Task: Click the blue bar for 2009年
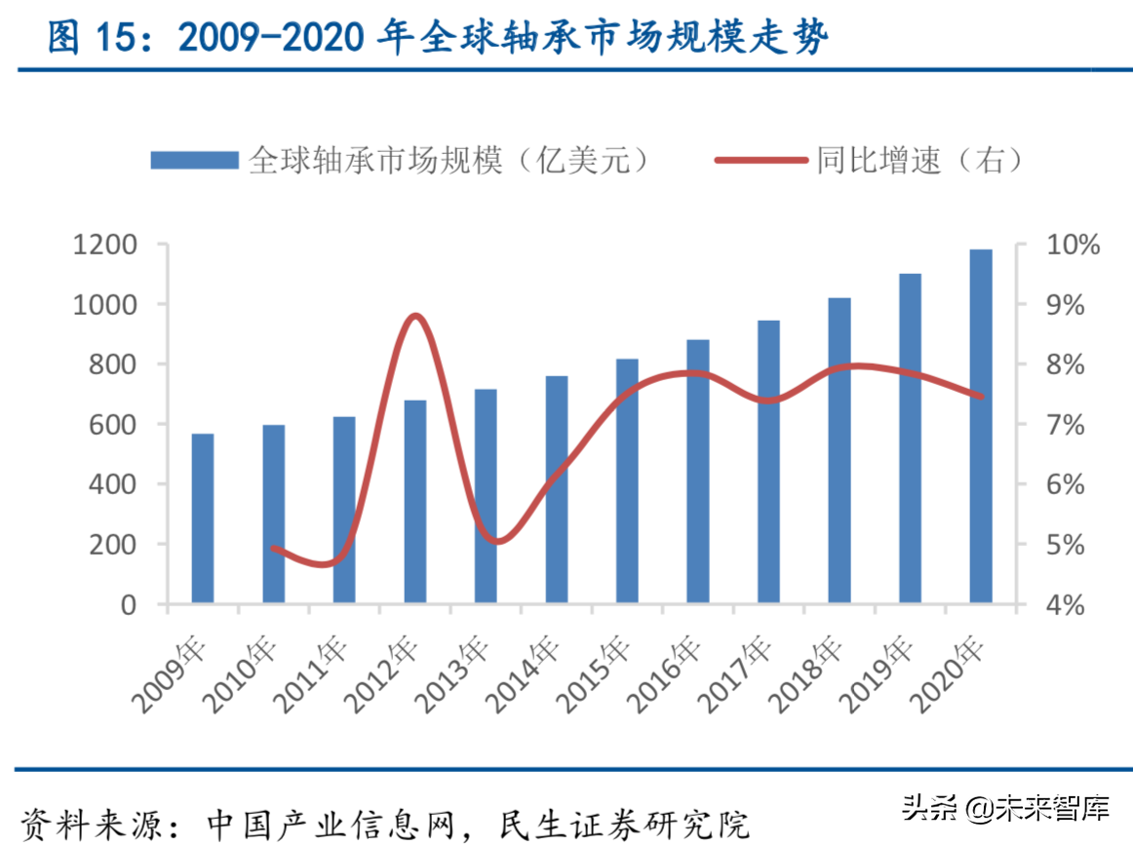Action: pyautogui.click(x=202, y=519)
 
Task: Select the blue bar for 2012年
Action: pyautogui.click(x=414, y=501)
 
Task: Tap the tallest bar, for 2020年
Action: pyautogui.click(x=980, y=426)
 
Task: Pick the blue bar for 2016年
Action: pyautogui.click(x=697, y=472)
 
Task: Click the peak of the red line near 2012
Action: pyautogui.click(x=415, y=316)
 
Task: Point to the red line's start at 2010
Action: pyautogui.click(x=273, y=548)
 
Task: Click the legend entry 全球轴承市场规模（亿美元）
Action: pyautogui.click(x=400, y=160)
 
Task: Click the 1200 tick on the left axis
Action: pyautogui.click(x=104, y=245)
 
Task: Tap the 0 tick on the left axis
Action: pyautogui.click(x=130, y=604)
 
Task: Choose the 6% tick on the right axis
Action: pyautogui.click(x=1060, y=484)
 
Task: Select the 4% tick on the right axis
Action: pyautogui.click(x=1060, y=604)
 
